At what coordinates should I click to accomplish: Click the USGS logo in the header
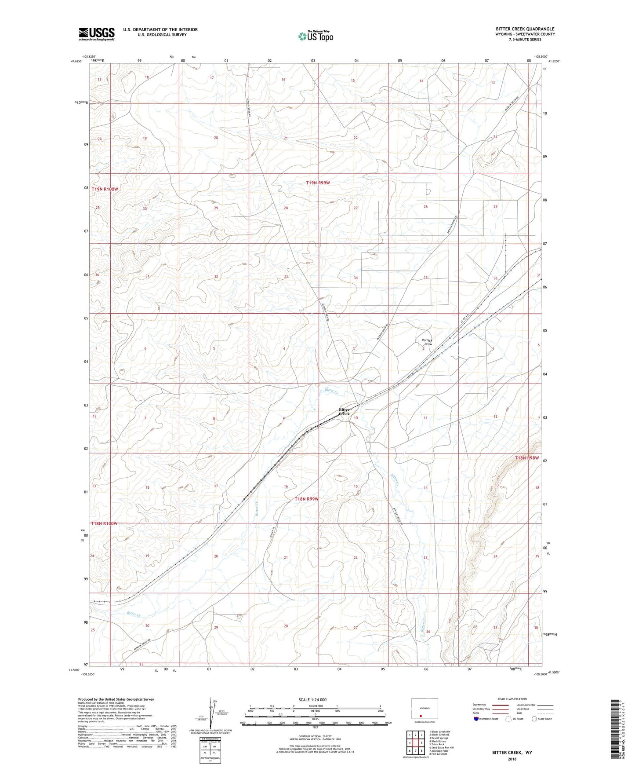coord(97,34)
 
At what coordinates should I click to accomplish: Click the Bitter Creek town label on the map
coord(345,412)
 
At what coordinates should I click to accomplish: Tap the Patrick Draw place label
coord(427,342)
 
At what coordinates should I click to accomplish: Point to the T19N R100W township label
coord(105,189)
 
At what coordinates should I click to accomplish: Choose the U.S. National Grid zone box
coord(210,750)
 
